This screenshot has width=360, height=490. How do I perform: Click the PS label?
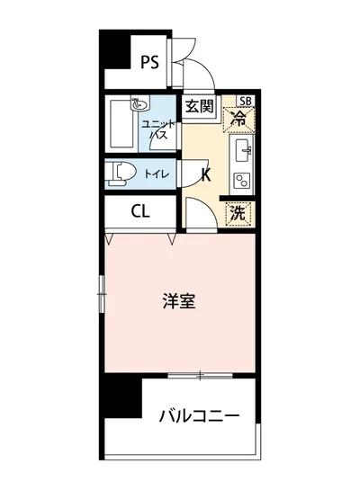pyautogui.click(x=149, y=62)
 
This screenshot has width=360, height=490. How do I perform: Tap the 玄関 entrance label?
pyautogui.click(x=200, y=107)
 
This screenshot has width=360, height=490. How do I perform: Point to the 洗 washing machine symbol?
pyautogui.click(x=237, y=213)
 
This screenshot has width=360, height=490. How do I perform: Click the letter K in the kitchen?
pyautogui.click(x=206, y=174)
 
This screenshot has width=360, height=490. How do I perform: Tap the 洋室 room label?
pyautogui.click(x=180, y=301)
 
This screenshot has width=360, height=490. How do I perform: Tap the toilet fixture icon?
pyautogui.click(x=120, y=171)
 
